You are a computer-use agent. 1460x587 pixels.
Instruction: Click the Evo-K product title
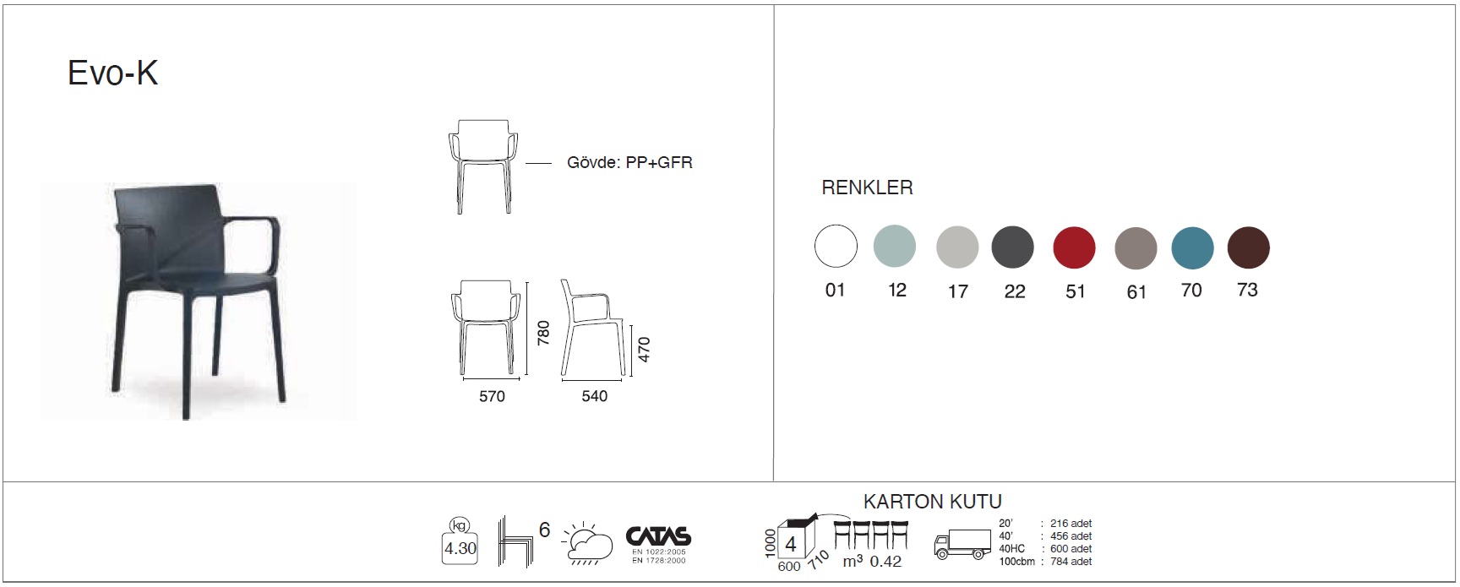click(112, 73)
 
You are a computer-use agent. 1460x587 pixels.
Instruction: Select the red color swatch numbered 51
click(1074, 247)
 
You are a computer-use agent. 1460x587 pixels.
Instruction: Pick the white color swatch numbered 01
click(836, 247)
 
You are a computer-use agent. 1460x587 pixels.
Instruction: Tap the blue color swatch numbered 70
click(1192, 247)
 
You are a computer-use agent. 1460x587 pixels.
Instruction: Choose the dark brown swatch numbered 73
click(1248, 247)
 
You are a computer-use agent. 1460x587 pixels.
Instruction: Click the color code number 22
click(1015, 291)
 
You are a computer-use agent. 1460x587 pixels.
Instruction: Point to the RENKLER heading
click(867, 188)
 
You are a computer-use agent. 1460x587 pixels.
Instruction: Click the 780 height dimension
click(543, 332)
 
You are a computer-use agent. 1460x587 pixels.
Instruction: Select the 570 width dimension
click(492, 396)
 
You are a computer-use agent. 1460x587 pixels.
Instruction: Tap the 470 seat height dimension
click(644, 349)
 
